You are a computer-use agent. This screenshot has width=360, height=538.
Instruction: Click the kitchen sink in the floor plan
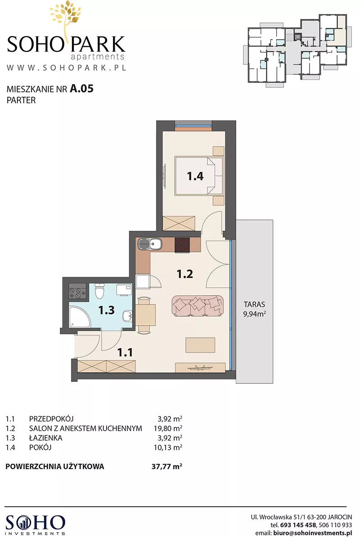tap(150, 245)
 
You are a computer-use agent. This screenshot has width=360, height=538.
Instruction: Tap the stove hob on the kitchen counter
tap(183, 245)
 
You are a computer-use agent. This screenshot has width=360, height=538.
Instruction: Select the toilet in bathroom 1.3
tap(99, 291)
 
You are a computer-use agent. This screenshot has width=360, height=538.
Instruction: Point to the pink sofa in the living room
tap(198, 306)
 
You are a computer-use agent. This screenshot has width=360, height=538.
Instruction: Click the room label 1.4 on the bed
tap(195, 176)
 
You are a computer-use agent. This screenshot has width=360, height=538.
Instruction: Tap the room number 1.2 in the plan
tap(184, 274)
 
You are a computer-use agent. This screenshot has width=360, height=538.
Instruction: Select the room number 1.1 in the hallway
tap(125, 352)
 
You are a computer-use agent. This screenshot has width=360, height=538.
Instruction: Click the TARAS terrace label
tap(254, 305)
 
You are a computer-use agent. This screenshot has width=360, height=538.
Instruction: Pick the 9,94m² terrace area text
tap(255, 314)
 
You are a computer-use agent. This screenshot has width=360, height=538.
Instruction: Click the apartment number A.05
tap(82, 89)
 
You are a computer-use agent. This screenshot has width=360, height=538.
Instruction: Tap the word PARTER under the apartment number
tap(21, 100)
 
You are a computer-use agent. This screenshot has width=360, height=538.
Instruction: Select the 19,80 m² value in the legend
tap(167, 428)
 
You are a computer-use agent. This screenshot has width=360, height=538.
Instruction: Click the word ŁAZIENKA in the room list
tap(45, 438)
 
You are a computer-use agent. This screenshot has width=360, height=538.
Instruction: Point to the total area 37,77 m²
tap(167, 466)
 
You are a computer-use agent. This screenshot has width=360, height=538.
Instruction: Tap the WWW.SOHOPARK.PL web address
tap(67, 67)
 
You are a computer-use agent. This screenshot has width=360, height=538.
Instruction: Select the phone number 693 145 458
tap(298, 525)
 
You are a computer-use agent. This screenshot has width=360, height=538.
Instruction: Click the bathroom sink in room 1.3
tap(128, 316)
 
